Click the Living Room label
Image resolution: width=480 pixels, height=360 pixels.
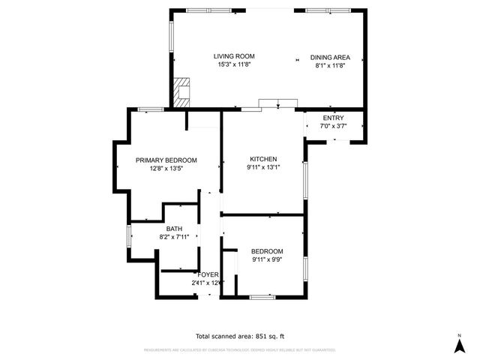point(234,56)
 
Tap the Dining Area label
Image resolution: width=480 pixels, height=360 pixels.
point(330,57)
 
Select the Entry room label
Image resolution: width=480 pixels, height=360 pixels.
point(333,118)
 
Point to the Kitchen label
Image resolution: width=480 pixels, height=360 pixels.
point(263,159)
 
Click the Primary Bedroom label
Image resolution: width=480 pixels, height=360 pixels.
point(166,160)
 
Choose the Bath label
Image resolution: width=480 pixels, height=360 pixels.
point(174,229)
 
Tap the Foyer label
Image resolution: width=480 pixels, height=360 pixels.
point(208,274)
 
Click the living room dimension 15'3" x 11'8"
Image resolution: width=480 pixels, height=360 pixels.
point(234,65)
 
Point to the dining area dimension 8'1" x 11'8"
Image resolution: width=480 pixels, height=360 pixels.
point(330,65)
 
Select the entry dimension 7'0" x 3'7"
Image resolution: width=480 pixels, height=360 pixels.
point(333,127)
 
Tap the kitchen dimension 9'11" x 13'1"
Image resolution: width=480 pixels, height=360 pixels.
point(263,168)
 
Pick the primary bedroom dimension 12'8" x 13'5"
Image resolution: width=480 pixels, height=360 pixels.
point(166,169)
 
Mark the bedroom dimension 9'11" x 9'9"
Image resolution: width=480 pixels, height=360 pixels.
point(267,259)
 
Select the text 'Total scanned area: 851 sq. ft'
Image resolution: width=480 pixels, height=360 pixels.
point(240,336)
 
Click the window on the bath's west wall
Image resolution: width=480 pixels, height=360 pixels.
point(128,235)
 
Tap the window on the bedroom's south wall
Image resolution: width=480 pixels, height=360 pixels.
point(262,297)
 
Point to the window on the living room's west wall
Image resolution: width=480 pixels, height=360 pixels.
point(171,34)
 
